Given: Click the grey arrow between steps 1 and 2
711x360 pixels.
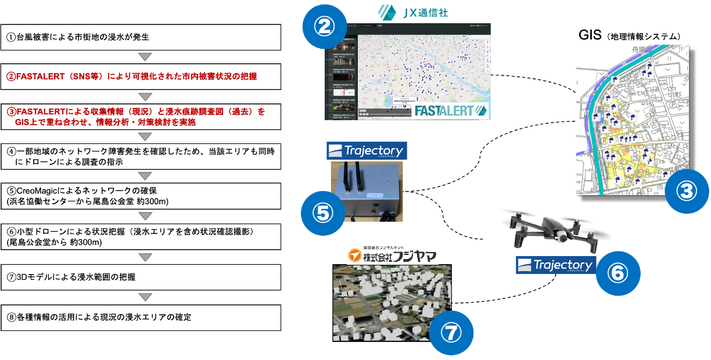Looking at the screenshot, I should pos(146,57).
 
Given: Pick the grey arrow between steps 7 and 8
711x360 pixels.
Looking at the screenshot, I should pos(146,297).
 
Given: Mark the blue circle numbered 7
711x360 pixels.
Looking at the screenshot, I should pos(451,332).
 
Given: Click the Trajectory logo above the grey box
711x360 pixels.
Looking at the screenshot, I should pos(367,151).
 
